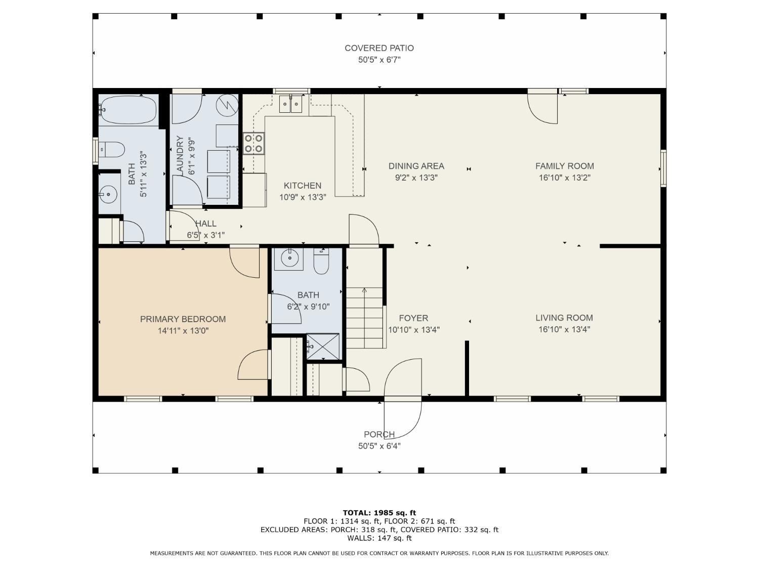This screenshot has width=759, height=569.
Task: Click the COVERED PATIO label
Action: click(379, 48)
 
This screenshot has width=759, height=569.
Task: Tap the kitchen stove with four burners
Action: click(254, 143)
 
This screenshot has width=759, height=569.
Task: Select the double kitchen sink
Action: click(290, 104)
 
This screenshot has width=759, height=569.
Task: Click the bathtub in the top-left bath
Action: click(129, 110)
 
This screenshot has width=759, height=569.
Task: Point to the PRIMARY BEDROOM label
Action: click(183, 319)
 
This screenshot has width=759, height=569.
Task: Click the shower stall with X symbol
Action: click(323, 346)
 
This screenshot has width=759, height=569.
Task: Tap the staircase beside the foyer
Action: click(364, 318)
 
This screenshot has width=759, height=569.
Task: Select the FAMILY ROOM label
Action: click(564, 166)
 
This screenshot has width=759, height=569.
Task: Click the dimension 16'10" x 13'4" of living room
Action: click(564, 329)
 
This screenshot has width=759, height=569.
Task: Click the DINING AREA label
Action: click(416, 166)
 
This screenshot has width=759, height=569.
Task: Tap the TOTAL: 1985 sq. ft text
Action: click(379, 513)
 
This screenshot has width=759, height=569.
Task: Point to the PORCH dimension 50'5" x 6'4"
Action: click(379, 446)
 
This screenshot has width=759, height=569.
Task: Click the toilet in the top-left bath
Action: click(111, 150)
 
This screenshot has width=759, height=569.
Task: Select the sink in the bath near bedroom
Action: click(289, 258)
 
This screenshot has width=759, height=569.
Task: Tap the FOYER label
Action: click(413, 318)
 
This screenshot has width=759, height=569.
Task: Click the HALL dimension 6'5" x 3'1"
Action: click(206, 235)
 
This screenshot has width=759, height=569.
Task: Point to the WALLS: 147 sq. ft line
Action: click(379, 538)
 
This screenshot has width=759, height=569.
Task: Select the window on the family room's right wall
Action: click(663, 168)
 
